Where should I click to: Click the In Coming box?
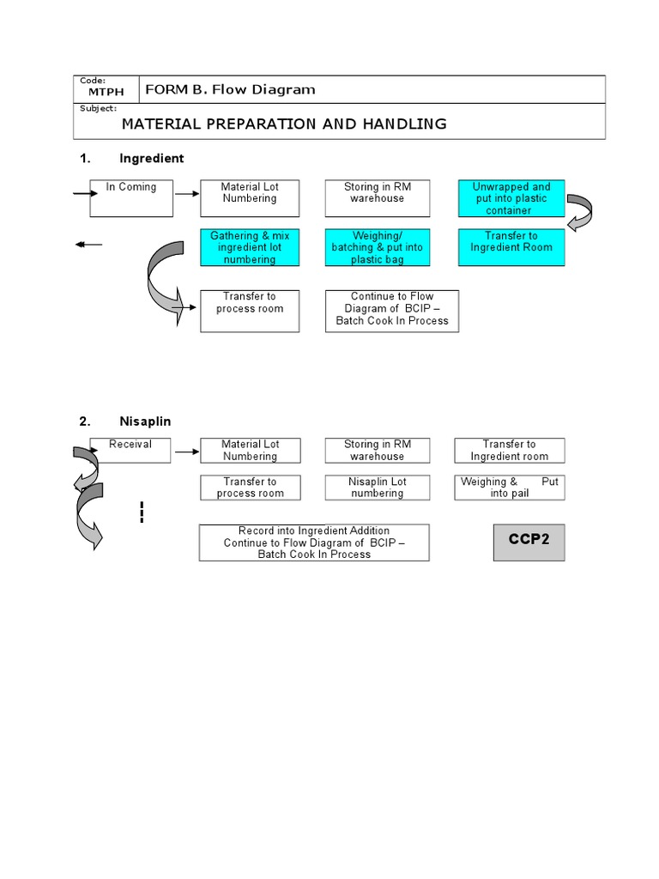(131, 198)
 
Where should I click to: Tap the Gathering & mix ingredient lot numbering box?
(250, 247)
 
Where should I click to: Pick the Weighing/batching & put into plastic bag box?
(377, 247)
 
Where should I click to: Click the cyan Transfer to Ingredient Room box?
(512, 247)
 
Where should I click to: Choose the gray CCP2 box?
(529, 541)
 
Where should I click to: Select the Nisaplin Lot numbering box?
(377, 488)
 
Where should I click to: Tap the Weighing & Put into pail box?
(510, 488)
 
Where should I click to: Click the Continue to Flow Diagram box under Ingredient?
(392, 309)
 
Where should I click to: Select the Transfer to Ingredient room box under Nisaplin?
(510, 451)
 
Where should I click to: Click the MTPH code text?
(101, 91)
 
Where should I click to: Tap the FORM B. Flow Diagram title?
(230, 89)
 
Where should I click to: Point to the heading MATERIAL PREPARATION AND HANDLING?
(284, 124)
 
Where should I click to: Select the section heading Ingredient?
(151, 159)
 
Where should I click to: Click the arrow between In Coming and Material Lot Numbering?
(186, 193)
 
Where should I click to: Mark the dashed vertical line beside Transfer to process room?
(141, 512)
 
